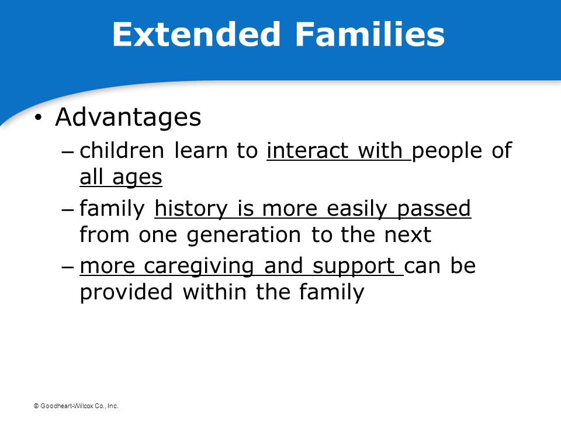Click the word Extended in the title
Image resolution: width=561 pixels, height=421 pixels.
pyautogui.click(x=196, y=34)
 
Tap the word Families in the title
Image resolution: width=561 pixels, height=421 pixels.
pyautogui.click(x=370, y=34)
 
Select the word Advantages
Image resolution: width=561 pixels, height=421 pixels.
pyautogui.click(x=128, y=118)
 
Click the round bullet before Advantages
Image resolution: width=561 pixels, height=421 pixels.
pyautogui.click(x=39, y=118)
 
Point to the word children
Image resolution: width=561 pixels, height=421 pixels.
pyautogui.click(x=122, y=150)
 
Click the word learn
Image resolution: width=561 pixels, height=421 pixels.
pyautogui.click(x=200, y=150)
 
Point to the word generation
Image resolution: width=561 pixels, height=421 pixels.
pyautogui.click(x=244, y=236)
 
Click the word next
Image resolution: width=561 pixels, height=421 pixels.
pyautogui.click(x=407, y=235)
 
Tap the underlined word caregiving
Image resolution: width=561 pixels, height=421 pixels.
pyautogui.click(x=199, y=267)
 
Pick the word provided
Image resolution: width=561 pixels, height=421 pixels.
pyautogui.click(x=126, y=293)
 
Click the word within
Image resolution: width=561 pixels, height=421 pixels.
pyautogui.click(x=214, y=292)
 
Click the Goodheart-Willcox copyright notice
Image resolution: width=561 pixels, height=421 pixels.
pyautogui.click(x=76, y=406)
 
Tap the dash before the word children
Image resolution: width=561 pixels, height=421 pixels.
pyautogui.click(x=68, y=151)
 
